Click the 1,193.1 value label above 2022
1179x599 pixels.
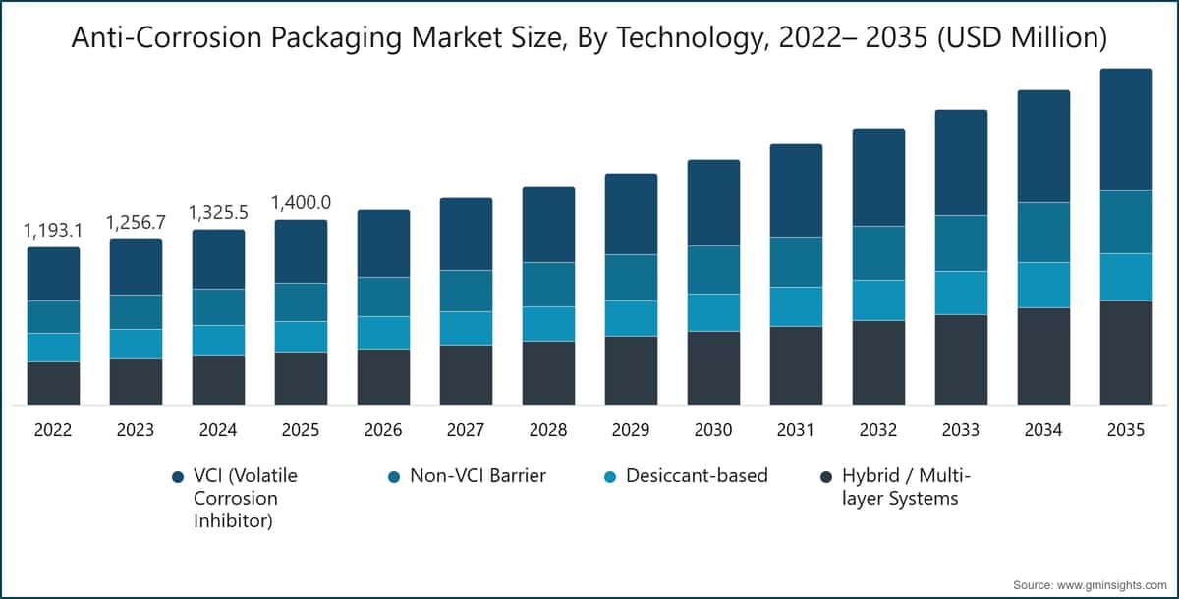53,231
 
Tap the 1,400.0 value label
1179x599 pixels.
301,203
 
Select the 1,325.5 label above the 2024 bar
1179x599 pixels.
218,213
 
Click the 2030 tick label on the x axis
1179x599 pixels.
713,430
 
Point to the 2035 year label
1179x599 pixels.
1126,430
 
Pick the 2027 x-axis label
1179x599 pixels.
466,430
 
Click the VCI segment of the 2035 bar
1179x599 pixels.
1126,129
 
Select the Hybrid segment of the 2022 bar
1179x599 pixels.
53,383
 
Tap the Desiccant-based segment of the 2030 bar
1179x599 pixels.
713,312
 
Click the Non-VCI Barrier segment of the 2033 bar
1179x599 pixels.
961,243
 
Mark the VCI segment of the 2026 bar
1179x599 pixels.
383,243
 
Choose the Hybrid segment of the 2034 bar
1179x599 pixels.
1043,355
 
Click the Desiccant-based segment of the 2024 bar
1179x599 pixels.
218,340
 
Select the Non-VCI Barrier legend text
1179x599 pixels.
477,476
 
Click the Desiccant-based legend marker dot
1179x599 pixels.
610,477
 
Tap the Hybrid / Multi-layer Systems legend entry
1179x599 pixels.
899,487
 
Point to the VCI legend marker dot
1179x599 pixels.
177,477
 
